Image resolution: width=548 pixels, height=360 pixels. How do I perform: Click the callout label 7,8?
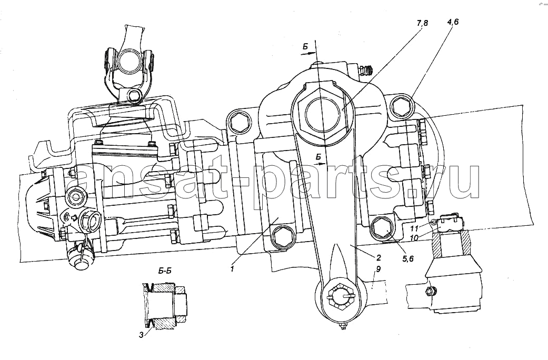422,24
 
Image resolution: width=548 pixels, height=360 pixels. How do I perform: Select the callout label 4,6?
453,22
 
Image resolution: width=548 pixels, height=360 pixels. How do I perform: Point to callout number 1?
232,268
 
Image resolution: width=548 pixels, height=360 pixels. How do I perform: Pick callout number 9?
378,269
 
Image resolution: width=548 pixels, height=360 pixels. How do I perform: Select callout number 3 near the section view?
141,335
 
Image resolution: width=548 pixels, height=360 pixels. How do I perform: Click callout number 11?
414,228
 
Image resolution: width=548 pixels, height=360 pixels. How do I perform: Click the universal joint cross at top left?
128,61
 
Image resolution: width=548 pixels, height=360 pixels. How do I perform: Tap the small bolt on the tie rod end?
431,291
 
